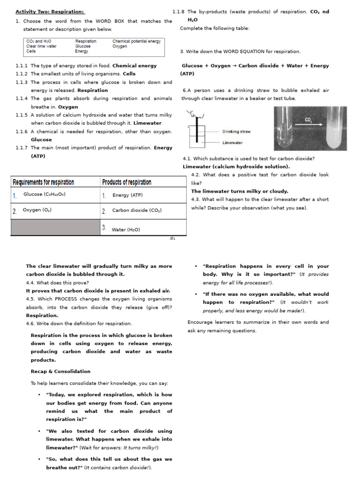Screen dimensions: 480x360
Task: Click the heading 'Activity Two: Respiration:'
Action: [x=50, y=12]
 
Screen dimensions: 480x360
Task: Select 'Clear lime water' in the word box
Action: [x=41, y=46]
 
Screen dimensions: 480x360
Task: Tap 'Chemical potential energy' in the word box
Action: [x=136, y=41]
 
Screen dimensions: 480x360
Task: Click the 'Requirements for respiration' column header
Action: [x=43, y=182]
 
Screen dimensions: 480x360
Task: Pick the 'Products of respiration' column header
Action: [x=127, y=182]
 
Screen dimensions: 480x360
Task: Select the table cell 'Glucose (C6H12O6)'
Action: [x=45, y=195]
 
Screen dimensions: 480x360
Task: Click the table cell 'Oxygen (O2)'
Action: [x=37, y=210]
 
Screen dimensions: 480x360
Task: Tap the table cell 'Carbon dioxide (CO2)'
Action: [x=137, y=210]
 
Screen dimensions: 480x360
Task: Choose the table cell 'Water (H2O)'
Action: [x=126, y=230]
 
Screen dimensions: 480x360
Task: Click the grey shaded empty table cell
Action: [x=55, y=227]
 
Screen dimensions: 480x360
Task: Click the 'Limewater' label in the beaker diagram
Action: [x=232, y=142]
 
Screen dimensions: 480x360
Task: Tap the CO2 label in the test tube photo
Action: [x=308, y=120]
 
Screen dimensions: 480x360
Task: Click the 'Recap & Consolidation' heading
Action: [x=60, y=371]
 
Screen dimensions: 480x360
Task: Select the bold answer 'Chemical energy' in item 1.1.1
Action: [x=135, y=66]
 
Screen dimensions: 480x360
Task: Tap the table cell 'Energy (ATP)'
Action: [x=127, y=195]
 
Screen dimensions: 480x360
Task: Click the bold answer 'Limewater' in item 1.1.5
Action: [x=147, y=123]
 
